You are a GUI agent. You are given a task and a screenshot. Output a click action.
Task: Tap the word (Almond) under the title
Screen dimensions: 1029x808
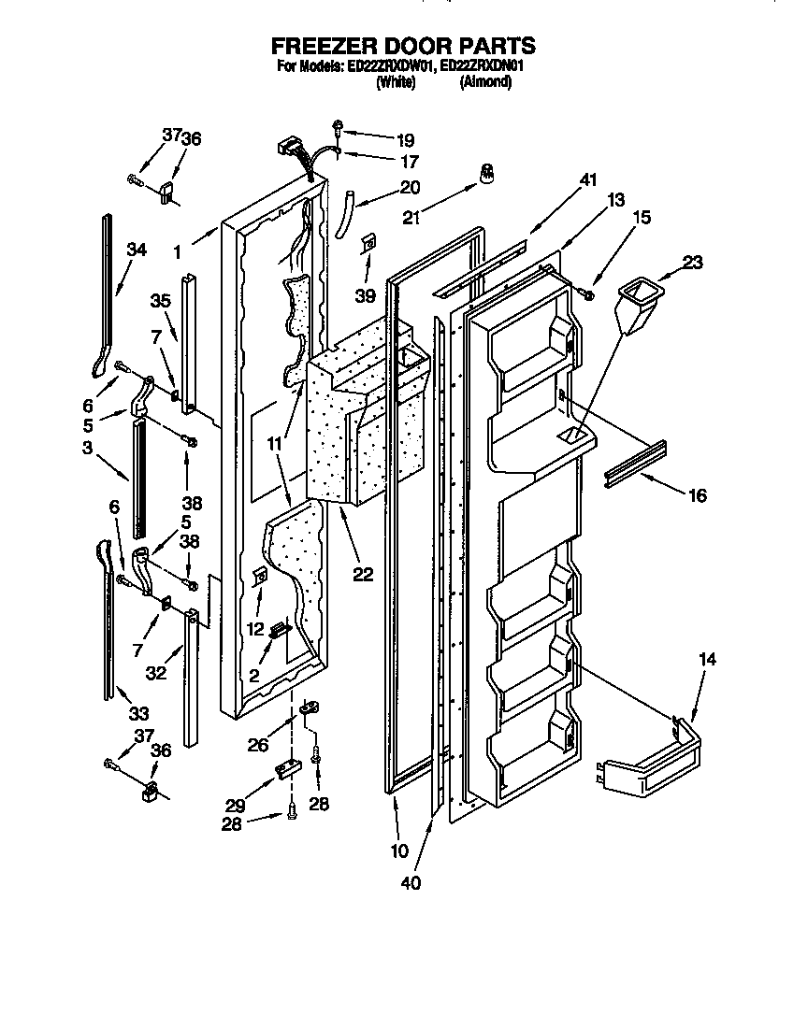[485, 82]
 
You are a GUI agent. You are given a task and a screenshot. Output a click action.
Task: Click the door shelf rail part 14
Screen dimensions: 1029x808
[655, 757]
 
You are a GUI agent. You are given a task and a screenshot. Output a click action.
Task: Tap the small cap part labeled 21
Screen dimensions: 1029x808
[485, 174]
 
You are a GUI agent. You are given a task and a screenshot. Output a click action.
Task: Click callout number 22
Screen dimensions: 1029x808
[362, 575]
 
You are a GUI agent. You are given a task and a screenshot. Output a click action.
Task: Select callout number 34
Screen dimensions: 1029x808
[137, 250]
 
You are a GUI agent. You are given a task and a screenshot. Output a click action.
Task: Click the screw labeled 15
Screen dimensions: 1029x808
[587, 295]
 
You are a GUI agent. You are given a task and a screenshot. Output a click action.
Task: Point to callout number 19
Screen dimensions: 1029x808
[403, 141]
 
